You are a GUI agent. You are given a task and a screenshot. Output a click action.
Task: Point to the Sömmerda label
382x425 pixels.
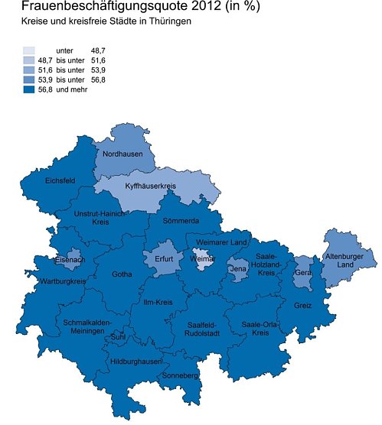click(x=181, y=221)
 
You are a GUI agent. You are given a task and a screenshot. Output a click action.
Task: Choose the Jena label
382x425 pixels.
click(x=238, y=269)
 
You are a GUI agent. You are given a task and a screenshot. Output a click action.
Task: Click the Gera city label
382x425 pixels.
click(x=303, y=272)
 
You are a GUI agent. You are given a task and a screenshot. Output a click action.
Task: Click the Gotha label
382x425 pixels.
click(x=122, y=274)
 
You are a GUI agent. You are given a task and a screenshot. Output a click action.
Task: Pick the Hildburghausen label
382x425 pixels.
click(x=135, y=361)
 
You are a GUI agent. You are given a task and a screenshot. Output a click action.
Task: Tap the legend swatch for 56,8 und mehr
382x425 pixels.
click(x=29, y=89)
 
